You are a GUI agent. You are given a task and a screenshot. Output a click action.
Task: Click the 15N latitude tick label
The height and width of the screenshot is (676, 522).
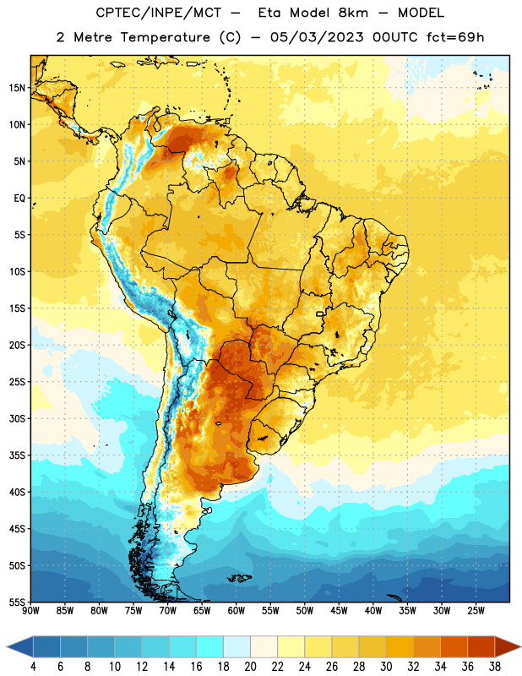[17, 88]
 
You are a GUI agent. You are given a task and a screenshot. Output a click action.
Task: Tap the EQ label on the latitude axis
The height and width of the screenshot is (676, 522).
[19, 199]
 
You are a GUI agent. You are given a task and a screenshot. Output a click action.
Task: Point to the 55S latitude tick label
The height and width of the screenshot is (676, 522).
[17, 602]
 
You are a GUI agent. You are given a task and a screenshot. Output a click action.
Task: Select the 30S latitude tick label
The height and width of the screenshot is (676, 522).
[17, 418]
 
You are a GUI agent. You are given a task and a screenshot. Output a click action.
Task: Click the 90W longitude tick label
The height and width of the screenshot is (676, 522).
[30, 611]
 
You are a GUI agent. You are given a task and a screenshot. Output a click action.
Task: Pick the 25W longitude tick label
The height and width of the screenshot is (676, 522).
[476, 611]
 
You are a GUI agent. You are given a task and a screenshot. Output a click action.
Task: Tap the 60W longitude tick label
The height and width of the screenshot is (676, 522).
[237, 611]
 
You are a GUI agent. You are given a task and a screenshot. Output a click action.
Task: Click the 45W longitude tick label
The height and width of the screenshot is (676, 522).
[339, 611]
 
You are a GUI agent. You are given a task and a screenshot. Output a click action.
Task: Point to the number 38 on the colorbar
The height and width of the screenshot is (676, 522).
[495, 667]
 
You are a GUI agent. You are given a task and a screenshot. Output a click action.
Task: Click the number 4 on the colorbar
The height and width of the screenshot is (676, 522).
[33, 667]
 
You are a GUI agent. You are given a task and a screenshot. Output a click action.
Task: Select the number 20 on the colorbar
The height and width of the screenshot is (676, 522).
[250, 667]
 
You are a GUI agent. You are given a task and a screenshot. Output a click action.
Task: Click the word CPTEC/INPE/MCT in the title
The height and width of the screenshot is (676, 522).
[158, 13]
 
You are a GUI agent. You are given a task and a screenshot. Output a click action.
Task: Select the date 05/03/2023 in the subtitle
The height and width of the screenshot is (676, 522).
[317, 37]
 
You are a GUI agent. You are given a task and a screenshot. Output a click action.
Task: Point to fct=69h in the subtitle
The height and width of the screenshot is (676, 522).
[455, 37]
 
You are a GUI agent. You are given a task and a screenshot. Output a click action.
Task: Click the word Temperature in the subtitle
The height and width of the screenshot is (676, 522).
[165, 37]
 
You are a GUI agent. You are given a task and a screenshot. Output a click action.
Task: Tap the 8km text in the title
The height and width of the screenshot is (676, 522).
[353, 13]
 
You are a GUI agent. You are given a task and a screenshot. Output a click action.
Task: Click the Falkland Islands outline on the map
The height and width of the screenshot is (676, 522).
[239, 578]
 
